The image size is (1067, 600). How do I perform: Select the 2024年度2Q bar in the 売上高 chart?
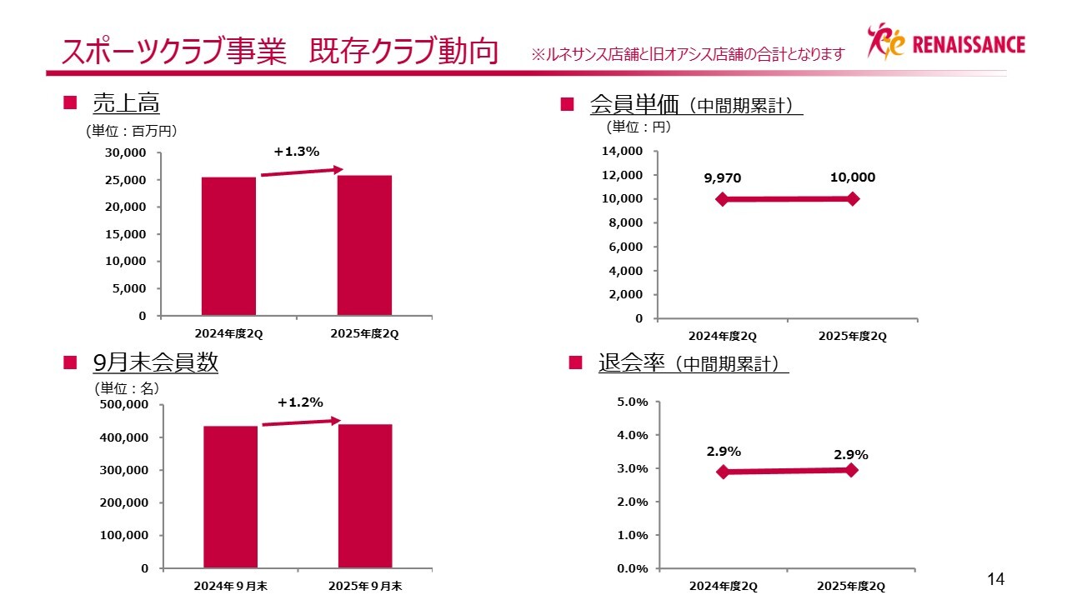(x=228, y=246)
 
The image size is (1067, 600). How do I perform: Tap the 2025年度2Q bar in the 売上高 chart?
(x=364, y=245)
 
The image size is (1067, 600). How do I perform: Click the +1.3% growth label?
(x=297, y=152)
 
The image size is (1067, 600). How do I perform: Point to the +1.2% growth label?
(x=300, y=402)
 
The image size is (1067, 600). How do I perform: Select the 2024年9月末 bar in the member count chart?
(x=230, y=497)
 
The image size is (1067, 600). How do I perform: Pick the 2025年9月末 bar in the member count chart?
(x=365, y=496)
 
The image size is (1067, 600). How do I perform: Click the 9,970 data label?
(x=722, y=178)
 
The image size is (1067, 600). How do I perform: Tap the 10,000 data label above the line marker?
(x=853, y=177)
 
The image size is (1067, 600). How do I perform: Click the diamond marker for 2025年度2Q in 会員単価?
(x=853, y=198)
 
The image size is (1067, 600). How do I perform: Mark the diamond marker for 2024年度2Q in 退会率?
(x=723, y=472)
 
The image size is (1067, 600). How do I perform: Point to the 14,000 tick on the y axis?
(x=623, y=152)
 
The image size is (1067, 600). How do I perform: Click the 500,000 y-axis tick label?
(x=123, y=404)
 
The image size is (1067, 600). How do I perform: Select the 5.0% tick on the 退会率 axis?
(x=632, y=402)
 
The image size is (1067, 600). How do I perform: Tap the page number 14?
(x=996, y=579)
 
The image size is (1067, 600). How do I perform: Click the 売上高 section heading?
(x=126, y=103)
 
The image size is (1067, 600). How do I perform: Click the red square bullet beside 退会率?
(x=574, y=362)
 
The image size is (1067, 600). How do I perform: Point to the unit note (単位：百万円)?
(x=132, y=131)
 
